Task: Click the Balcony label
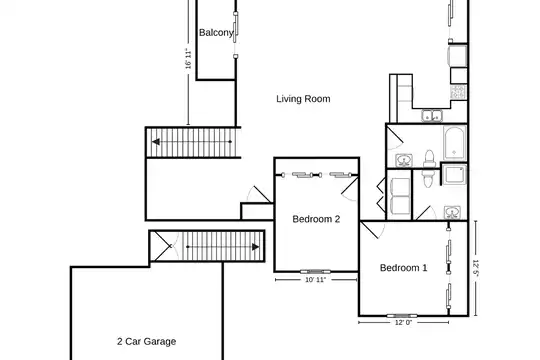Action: (216, 33)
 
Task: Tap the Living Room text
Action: (303, 99)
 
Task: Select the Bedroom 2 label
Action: (316, 219)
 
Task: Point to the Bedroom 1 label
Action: (403, 268)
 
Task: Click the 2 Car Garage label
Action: (147, 341)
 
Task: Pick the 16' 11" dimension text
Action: (188, 59)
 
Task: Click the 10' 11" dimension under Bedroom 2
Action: (315, 280)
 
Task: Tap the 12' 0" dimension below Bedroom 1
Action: (403, 322)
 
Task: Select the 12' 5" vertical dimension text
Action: (476, 268)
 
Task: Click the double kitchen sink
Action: (432, 116)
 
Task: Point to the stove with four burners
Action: (458, 92)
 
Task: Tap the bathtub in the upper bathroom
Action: (455, 144)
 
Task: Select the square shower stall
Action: (454, 175)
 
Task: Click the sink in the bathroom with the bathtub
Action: (404, 160)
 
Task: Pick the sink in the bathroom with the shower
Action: (452, 213)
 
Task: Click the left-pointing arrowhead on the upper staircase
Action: (156, 142)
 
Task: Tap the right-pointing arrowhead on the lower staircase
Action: (256, 247)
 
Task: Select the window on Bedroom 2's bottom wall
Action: (315, 271)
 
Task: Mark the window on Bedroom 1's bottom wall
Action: (402, 316)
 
